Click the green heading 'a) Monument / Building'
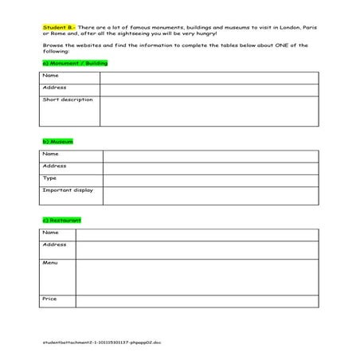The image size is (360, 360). (x=74, y=62)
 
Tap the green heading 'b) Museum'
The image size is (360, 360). (x=57, y=141)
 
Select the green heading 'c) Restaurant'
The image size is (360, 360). (x=61, y=219)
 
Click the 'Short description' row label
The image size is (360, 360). (x=68, y=100)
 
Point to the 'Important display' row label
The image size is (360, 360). (x=68, y=190)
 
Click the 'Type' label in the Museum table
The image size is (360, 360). (x=49, y=178)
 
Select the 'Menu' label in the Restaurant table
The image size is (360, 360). (x=50, y=262)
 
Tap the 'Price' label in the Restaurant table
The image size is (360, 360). (x=49, y=299)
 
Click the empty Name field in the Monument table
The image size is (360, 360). (x=209, y=77)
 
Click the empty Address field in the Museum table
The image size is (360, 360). (x=210, y=166)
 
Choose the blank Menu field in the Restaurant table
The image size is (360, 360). (x=196, y=276)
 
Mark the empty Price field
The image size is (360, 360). (x=196, y=301)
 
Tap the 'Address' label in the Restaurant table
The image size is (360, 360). (x=54, y=245)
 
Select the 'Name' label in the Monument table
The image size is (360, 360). (x=51, y=76)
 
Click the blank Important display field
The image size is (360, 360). (x=210, y=196)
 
